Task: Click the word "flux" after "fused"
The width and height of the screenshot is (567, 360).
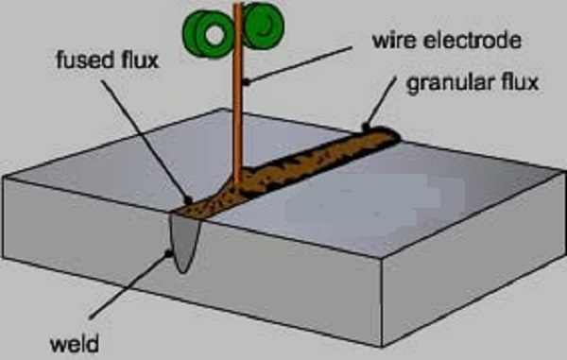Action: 140,60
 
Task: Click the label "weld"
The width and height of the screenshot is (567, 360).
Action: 74,344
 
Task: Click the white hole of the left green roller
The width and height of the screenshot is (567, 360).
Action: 215,35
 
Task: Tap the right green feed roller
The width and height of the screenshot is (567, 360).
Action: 263,26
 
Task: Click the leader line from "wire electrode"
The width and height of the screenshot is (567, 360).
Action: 298,65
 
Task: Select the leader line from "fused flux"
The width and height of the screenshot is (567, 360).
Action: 146,141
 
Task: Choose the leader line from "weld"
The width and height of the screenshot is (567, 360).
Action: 129,285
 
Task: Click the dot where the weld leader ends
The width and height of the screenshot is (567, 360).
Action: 168,254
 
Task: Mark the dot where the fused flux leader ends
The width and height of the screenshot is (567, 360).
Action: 188,199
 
